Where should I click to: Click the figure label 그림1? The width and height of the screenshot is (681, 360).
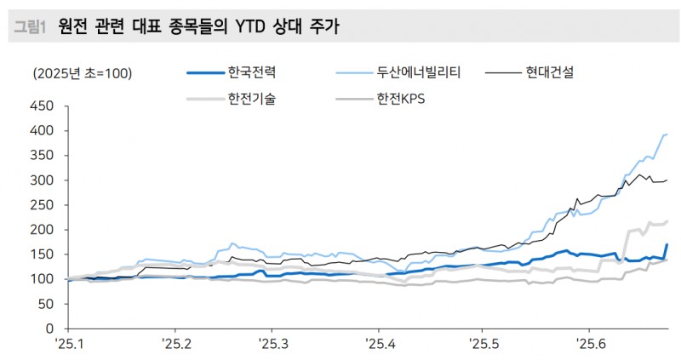pos(29,28)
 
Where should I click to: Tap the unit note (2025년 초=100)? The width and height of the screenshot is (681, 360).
pos(82,73)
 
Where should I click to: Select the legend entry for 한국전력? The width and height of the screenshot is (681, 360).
pos(251,72)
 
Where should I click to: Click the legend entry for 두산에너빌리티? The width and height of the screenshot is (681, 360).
pos(418,72)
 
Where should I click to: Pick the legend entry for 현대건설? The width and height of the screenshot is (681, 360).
pos(549,72)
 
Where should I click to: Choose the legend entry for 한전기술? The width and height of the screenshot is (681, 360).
pos(251,100)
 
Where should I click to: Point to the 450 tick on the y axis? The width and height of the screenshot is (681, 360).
pos(42,106)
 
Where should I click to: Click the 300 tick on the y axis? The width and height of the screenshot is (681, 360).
pos(42,180)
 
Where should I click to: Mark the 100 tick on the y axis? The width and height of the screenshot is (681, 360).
pos(42,279)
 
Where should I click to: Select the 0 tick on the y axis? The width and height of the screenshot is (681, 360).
pos(49,329)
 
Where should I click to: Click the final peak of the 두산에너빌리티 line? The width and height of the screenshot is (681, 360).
pos(666,134)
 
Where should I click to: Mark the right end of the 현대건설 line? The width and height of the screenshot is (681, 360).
pos(667,180)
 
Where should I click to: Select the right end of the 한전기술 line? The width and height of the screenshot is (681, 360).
pos(667,221)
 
